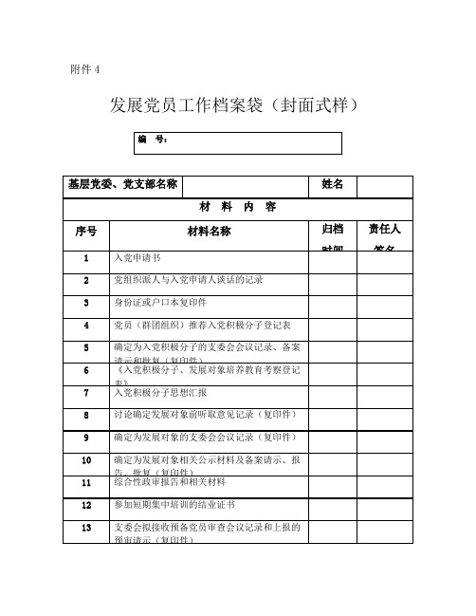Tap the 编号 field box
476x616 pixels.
pos(237,141)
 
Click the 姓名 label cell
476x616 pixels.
pos(333,183)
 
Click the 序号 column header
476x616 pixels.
pos(85,231)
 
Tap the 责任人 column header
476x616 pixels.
pos(385,230)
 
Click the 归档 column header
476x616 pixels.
pos(333,230)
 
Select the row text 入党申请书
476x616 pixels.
pos(137,258)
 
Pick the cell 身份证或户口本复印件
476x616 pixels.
pos(159,303)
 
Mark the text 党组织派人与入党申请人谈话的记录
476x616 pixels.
pos(188,280)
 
